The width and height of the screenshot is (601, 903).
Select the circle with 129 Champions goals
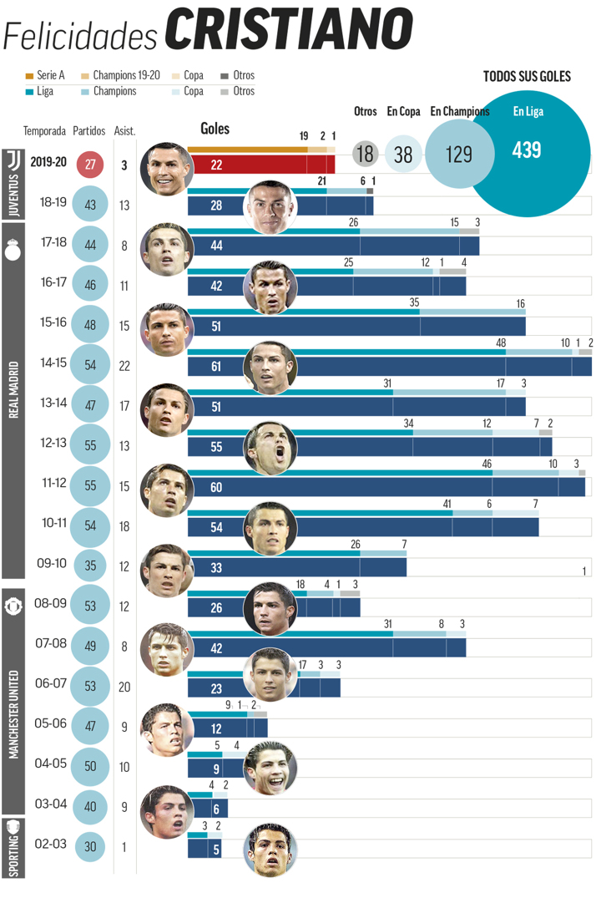(458, 154)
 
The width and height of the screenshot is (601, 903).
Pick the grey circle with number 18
(364, 154)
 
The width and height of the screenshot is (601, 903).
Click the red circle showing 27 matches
(90, 165)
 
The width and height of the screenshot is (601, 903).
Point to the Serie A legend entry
(47, 75)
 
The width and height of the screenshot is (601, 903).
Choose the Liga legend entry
(40, 91)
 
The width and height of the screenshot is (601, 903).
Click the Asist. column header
(124, 131)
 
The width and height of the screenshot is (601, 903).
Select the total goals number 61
(215, 366)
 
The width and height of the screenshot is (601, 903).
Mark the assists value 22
(124, 366)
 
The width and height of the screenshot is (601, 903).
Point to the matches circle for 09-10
(90, 566)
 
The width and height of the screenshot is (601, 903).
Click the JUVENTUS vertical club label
(13, 184)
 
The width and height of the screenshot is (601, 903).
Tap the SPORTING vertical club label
(13, 847)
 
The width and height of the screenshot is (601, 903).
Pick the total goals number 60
(215, 487)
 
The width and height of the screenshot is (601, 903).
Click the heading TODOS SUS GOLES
(527, 76)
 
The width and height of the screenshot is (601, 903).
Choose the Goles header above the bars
(215, 129)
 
